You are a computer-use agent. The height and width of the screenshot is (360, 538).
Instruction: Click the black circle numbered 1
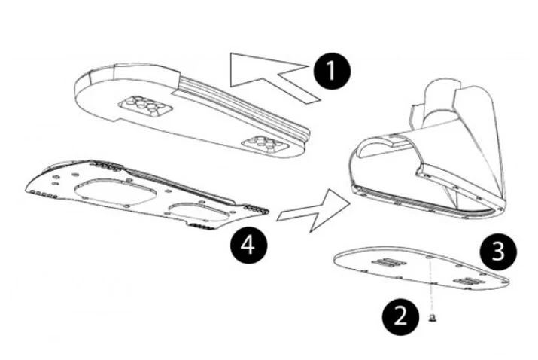[x=332, y=71]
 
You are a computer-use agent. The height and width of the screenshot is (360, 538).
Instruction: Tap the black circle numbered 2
[x=400, y=317]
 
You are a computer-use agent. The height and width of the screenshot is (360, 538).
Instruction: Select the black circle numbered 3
[x=498, y=252]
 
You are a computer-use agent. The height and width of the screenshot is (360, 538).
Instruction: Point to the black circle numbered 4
[x=248, y=246]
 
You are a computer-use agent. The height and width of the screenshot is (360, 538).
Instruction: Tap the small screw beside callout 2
[x=433, y=317]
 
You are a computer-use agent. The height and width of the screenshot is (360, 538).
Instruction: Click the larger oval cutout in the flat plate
[x=116, y=192]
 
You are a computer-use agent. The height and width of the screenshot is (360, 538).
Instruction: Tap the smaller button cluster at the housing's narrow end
[x=265, y=145]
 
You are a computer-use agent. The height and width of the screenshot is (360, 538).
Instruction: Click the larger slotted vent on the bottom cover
[x=389, y=263]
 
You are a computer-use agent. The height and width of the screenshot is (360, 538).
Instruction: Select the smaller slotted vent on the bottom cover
[x=469, y=282]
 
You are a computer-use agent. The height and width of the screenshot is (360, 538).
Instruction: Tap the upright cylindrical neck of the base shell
[x=440, y=103]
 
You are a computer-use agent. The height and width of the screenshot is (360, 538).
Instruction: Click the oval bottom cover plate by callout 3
[x=421, y=269]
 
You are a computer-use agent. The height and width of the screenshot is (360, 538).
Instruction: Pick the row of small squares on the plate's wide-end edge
[x=43, y=194]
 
